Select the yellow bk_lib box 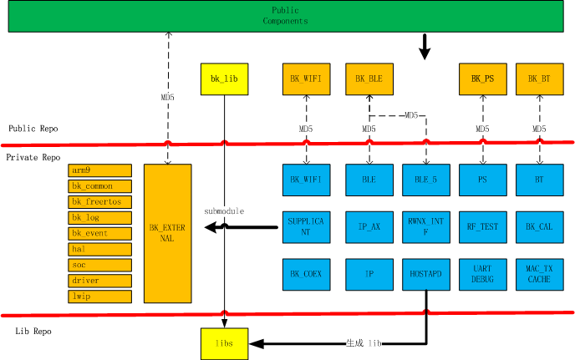coord(225,79)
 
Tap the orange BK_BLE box coord(369,79)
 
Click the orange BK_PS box coord(483,79)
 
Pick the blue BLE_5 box coord(426,179)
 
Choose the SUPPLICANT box coord(307,226)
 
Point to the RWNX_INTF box coord(426,226)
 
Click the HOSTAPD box coord(426,274)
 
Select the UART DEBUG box coord(483,274)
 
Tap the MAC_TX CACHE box coord(540,274)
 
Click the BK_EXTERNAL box coord(168,233)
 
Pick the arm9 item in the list coord(99,170)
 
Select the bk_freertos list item coord(99,201)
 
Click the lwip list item coord(99,296)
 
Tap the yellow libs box coord(225,343)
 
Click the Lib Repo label coord(33,332)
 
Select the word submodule coord(225,211)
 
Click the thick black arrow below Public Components coord(425,47)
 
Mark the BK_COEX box coord(307,274)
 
